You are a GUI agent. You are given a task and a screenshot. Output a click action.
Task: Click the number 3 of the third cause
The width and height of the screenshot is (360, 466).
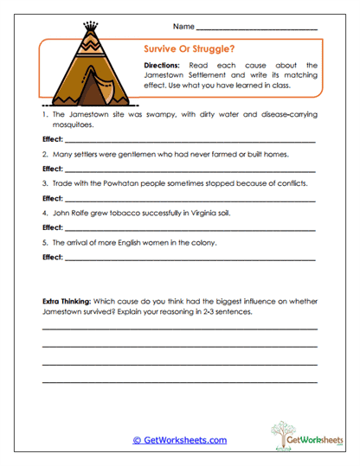[x=43, y=184]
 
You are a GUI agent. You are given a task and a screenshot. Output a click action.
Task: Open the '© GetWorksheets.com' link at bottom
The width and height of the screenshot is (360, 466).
[x=179, y=440]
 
